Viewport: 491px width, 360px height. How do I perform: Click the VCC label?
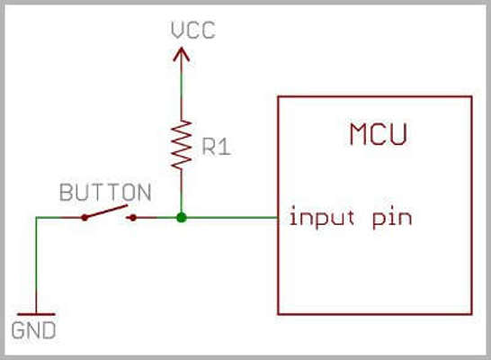tap(193, 30)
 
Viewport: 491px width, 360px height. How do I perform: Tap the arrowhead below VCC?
tap(182, 54)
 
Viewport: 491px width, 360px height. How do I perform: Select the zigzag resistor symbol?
tap(182, 145)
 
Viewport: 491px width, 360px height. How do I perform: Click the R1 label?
tap(217, 147)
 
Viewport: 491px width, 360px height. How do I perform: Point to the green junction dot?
tap(182, 218)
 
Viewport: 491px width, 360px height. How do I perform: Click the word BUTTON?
tap(105, 192)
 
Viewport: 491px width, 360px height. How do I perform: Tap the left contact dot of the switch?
tap(85, 218)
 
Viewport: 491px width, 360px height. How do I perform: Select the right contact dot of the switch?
tap(133, 218)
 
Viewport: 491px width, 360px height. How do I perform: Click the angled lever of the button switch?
tap(106, 211)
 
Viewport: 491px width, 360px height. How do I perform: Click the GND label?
tap(33, 330)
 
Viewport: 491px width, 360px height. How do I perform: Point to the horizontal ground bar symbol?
tap(36, 314)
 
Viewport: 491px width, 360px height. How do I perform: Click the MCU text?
tap(379, 134)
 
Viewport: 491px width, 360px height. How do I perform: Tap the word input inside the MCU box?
tap(322, 217)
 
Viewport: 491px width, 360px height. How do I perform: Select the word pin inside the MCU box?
tap(392, 218)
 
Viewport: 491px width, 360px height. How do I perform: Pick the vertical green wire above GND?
tap(36, 265)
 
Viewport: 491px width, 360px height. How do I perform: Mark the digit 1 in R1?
tap(225, 147)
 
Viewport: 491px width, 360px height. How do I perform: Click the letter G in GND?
tap(18, 330)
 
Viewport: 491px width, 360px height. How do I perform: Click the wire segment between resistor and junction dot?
tap(182, 191)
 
